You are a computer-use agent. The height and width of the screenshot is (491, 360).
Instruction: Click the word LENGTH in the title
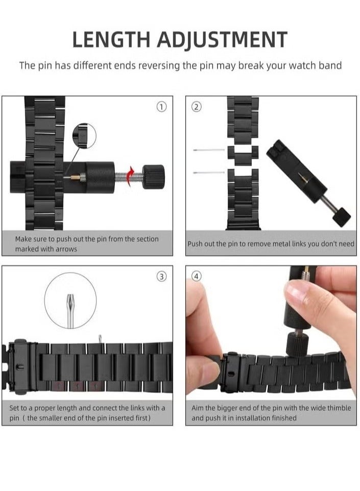coord(111,39)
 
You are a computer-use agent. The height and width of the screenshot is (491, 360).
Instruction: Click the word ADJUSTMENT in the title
coord(222,40)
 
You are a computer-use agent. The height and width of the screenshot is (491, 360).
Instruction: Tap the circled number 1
coord(161,107)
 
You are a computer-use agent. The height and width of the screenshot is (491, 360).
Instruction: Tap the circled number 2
coord(197,107)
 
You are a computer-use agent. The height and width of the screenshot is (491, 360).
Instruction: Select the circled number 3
coord(161,277)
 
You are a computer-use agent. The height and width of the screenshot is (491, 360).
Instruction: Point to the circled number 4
coord(197,277)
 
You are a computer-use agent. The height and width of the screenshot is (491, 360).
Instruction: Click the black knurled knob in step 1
coord(153,177)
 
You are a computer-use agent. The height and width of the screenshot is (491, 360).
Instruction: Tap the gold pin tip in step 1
coord(75,178)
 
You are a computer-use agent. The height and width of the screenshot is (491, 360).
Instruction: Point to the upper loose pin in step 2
coord(209,150)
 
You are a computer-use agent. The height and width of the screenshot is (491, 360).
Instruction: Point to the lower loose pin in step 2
coord(209,173)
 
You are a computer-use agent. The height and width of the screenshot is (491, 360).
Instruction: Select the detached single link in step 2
coord(243,154)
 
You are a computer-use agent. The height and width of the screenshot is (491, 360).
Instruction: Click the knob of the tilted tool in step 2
coord(342,217)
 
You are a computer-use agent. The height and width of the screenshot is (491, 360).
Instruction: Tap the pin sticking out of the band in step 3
coord(100,339)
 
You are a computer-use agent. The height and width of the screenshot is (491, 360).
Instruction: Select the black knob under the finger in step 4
coord(297,344)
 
